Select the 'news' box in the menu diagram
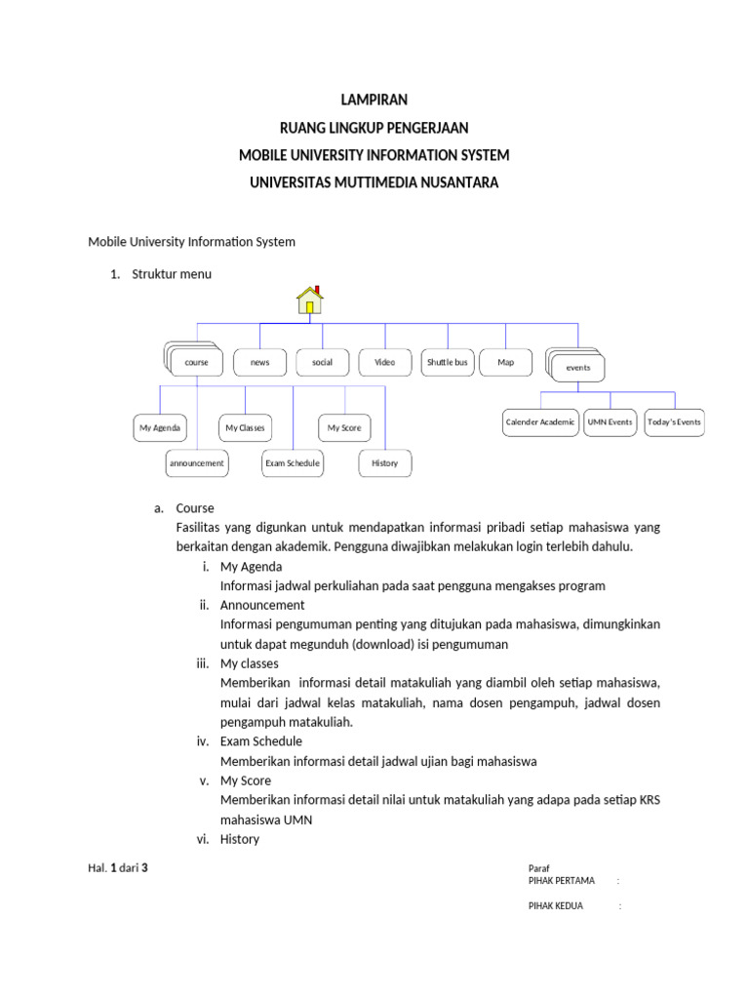259,363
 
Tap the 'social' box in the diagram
322,363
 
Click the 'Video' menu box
384,363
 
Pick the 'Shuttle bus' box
447,363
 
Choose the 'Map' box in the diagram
506,363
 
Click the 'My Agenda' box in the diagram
160,428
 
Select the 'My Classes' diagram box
245,428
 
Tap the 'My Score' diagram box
344,428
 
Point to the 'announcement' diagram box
197,463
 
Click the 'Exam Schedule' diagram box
293,463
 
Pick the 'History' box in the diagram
385,463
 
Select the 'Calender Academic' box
539,422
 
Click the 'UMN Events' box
610,422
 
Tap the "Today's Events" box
674,422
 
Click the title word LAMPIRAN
374,100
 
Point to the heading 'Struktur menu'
172,274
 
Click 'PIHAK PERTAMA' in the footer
561,881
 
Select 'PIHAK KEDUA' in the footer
556,906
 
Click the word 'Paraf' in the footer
539,868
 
